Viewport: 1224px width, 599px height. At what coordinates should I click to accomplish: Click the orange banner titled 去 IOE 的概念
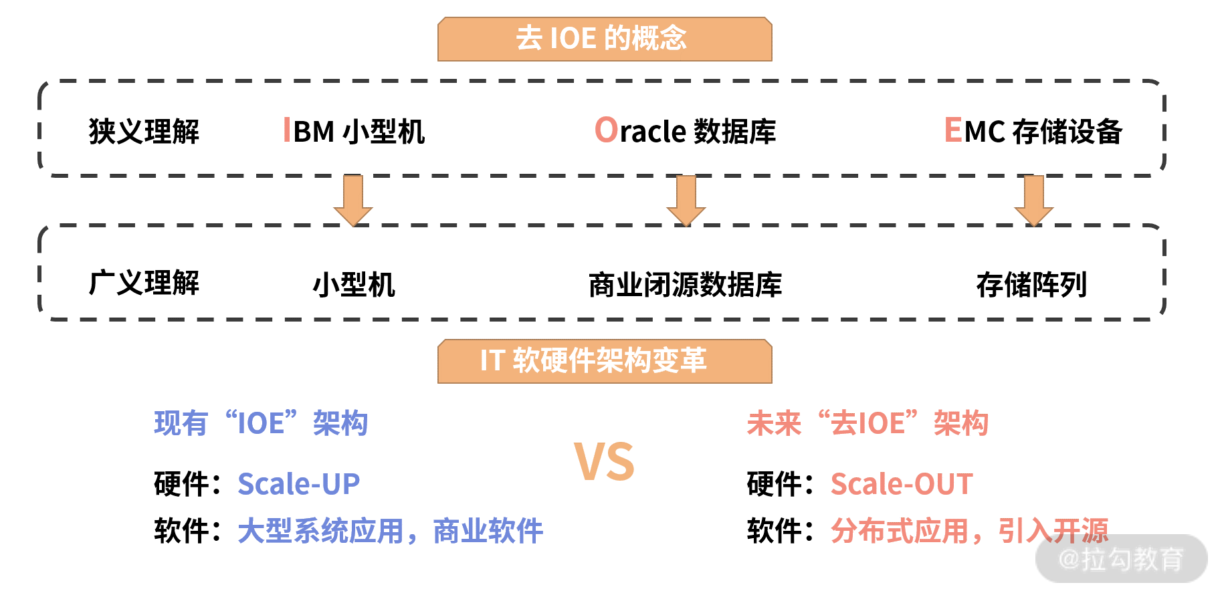click(604, 39)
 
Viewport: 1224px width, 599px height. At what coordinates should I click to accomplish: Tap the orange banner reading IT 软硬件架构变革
click(604, 361)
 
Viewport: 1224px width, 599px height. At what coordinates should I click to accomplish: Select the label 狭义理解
click(144, 132)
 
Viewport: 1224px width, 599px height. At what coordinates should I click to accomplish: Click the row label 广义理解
click(144, 283)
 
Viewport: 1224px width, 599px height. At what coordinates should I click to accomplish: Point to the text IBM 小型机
click(354, 132)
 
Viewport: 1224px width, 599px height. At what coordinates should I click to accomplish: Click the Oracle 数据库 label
click(686, 132)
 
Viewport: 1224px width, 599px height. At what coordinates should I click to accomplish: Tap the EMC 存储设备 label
click(1033, 132)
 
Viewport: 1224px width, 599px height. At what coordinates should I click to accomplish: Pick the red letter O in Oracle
click(606, 130)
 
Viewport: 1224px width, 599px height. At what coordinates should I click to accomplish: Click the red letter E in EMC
click(952, 130)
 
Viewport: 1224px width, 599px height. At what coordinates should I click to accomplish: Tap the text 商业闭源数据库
click(685, 285)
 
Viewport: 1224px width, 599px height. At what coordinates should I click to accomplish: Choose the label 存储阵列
click(1031, 285)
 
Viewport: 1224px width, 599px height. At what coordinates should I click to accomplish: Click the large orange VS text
click(604, 462)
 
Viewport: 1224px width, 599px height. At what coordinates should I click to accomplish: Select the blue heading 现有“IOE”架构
click(261, 423)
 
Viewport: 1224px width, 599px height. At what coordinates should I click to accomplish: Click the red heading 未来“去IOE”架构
click(868, 423)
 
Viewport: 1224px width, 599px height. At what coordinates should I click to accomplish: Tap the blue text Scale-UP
click(299, 484)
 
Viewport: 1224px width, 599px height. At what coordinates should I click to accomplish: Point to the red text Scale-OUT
click(902, 484)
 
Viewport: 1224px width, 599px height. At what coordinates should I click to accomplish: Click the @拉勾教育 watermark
click(1122, 559)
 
